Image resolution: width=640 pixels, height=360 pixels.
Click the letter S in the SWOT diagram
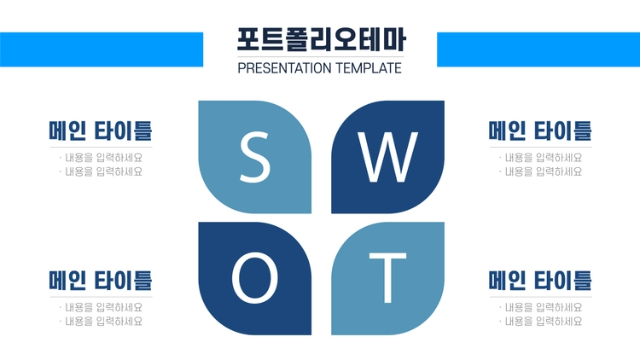(254, 157)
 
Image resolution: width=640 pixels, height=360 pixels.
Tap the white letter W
(387, 157)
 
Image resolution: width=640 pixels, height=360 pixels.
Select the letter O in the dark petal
(254, 277)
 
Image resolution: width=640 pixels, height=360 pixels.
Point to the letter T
(387, 278)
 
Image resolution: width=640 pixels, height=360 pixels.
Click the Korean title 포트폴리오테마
(321, 39)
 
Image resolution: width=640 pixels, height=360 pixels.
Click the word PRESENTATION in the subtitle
(284, 68)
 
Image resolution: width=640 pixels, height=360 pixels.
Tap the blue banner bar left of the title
(102, 49)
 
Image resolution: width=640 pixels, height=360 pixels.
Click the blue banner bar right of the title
(538, 49)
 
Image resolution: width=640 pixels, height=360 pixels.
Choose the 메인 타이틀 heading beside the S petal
(101, 131)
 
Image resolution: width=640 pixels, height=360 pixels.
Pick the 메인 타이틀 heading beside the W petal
(540, 131)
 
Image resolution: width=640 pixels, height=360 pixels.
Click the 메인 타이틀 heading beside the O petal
(101, 281)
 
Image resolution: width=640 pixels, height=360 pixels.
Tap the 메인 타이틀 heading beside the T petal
(540, 281)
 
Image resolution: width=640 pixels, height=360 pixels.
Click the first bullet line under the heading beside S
(101, 158)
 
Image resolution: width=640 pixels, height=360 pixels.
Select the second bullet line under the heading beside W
(541, 171)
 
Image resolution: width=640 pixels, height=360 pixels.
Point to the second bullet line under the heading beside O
(101, 322)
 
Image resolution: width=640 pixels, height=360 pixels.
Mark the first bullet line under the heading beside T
(541, 307)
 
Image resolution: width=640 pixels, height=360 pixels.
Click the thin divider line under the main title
(321, 57)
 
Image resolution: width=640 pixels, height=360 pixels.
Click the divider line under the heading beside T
(541, 297)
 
